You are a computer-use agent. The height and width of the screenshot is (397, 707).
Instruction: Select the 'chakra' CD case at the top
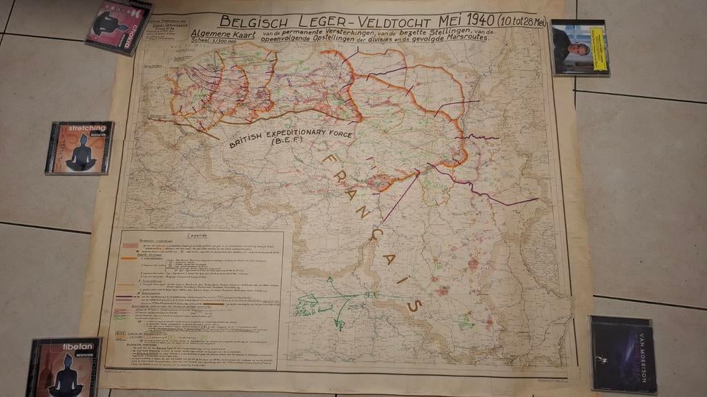coord(119,26)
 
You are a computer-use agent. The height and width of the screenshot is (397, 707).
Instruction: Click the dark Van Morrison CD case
coord(622,354)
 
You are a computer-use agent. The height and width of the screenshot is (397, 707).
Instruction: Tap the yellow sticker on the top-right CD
coord(598,49)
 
